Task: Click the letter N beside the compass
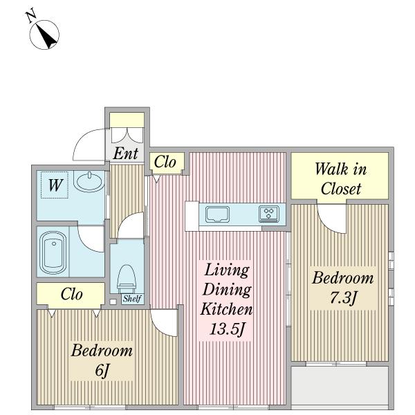pos(31,16)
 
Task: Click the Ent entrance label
pos(125,154)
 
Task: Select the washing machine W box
pos(55,185)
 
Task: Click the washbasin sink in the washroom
pos(89,181)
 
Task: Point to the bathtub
pos(53,252)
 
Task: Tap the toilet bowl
pos(127,279)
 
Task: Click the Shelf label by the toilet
pos(132,299)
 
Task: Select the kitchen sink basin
pos(218,214)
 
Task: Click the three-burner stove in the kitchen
pos(268,213)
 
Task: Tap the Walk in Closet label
pos(341,178)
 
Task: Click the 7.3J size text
pos(343,298)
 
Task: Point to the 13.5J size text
pos(227,329)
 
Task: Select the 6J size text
pos(102,370)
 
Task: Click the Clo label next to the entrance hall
pos(165,162)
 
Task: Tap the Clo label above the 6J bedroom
pos(71,294)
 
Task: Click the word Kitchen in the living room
pos(226,309)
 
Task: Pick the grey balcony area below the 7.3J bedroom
pos(340,385)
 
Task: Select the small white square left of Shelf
pos(113,302)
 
